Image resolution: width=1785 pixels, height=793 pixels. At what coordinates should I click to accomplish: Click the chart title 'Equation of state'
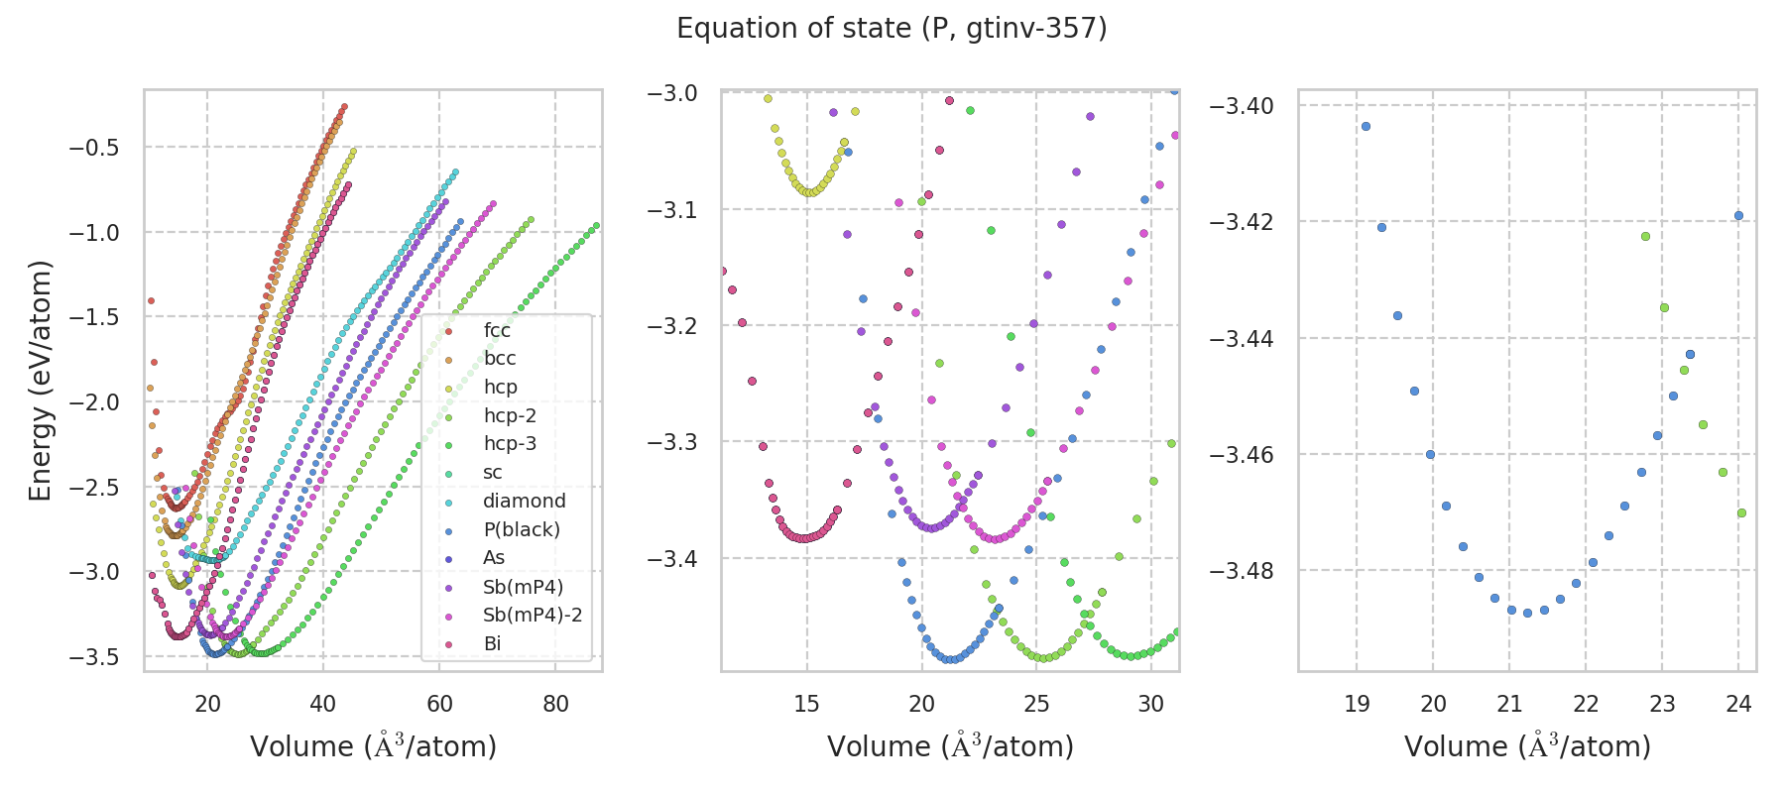(x=892, y=29)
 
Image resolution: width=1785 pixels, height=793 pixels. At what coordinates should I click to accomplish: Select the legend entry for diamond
(x=524, y=501)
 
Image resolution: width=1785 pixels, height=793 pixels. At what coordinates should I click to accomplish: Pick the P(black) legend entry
(x=521, y=529)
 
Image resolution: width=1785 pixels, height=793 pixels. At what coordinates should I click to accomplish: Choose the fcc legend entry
(x=497, y=330)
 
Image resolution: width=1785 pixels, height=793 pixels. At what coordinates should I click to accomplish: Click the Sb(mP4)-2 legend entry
(x=532, y=615)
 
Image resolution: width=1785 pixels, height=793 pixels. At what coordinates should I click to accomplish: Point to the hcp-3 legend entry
(x=510, y=443)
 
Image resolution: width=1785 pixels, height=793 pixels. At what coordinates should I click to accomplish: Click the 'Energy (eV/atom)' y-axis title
(x=40, y=381)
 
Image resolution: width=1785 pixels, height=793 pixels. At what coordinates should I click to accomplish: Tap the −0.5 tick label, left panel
(x=93, y=148)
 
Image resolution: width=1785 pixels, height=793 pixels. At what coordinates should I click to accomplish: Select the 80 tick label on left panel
(x=555, y=704)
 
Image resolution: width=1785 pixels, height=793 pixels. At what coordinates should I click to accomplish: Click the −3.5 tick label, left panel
(x=93, y=656)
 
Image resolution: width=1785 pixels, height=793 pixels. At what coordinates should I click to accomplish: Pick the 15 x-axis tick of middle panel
(x=806, y=704)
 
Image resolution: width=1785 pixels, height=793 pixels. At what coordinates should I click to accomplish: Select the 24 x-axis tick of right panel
(x=1738, y=704)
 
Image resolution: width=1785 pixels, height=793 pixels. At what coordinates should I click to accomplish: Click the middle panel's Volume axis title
(x=950, y=746)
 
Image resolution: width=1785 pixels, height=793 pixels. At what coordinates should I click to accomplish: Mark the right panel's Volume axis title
(x=1527, y=746)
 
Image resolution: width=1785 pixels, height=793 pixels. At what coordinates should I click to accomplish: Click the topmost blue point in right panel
(x=1366, y=126)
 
